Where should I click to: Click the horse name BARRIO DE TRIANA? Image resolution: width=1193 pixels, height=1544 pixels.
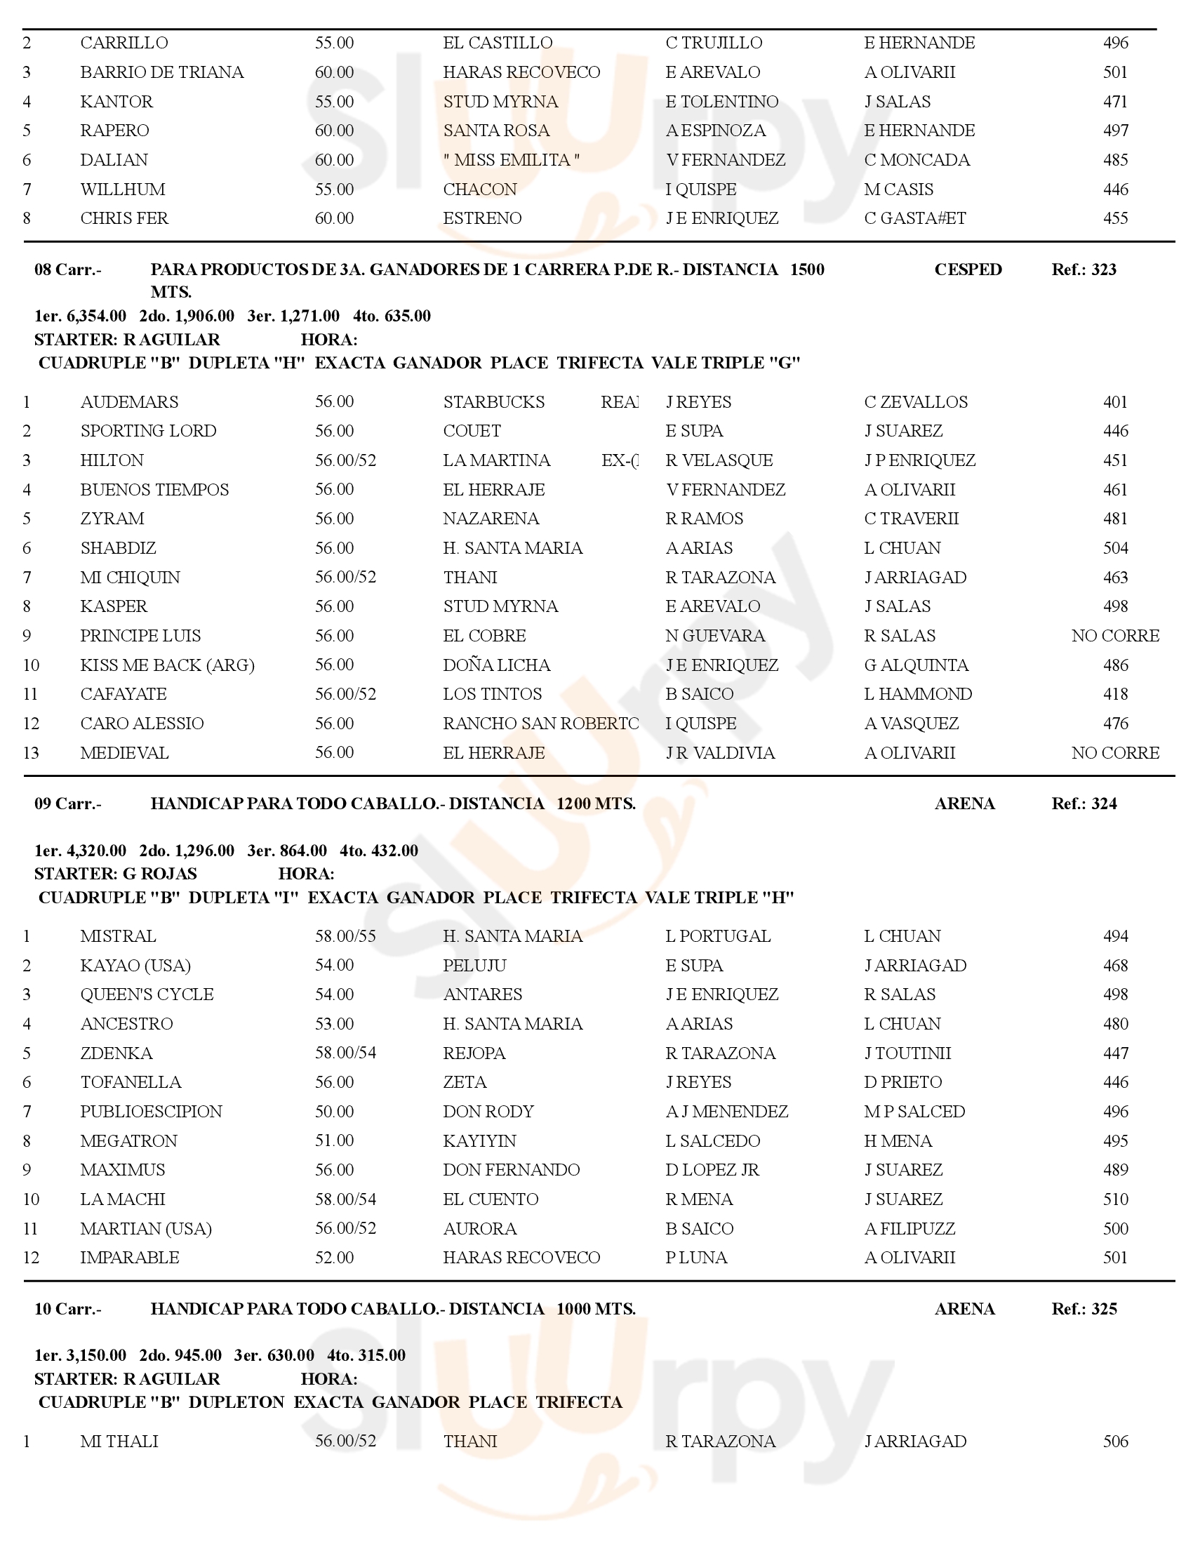162,72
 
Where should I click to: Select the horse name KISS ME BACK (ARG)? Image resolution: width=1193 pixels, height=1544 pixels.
168,665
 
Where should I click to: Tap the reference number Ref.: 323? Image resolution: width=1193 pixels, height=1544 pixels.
1084,269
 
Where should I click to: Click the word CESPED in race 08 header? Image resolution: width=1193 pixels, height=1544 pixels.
968,269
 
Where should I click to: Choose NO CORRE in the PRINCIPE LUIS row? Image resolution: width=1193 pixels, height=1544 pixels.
1114,636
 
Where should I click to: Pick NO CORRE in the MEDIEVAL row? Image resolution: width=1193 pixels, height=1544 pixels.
1114,753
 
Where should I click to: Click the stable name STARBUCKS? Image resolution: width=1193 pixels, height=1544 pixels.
493,402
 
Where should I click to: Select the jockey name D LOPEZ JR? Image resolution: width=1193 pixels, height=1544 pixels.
712,1170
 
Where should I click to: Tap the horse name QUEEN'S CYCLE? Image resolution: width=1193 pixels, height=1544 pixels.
147,994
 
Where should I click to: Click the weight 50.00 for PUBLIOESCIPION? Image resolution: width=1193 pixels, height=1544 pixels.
334,1112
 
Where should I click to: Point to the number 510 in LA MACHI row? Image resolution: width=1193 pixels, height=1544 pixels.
1115,1199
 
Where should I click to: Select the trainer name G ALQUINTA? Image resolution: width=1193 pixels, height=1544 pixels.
916,665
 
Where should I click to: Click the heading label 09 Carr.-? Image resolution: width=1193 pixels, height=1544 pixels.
68,804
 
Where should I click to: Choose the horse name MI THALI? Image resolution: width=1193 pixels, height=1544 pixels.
119,1441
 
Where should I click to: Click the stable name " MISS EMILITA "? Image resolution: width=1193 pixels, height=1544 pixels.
511,160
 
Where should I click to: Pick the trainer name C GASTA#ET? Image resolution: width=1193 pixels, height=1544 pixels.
914,218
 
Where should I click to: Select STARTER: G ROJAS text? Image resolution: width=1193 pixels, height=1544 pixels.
115,874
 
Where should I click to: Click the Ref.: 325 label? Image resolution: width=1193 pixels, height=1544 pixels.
1084,1309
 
